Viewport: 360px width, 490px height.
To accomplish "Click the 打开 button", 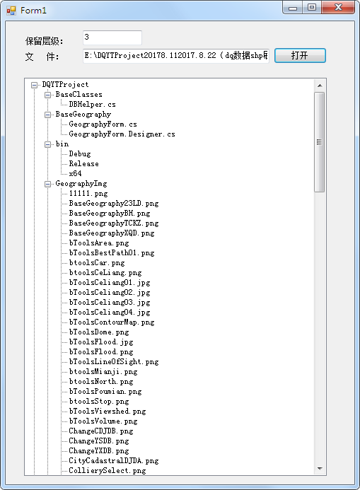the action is (x=300, y=56).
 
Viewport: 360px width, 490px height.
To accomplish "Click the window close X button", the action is (x=338, y=7).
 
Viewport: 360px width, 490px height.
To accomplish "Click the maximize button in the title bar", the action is (x=312, y=7).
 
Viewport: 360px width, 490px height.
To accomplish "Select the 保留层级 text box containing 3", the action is (x=112, y=37).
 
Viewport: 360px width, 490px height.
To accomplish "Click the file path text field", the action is (x=176, y=56).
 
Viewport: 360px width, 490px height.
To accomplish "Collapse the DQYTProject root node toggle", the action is (x=35, y=85).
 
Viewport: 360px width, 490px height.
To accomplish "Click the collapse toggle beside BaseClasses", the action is (x=48, y=95).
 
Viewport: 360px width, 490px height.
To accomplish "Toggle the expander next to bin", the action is (x=48, y=144).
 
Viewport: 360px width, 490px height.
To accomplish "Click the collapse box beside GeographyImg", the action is (x=48, y=184).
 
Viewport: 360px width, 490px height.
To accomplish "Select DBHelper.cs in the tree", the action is (x=92, y=105).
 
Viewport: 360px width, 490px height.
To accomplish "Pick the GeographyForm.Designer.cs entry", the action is (x=122, y=134).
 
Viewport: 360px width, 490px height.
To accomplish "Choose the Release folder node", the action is (x=83, y=164).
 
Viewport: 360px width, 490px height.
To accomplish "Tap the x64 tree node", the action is (x=75, y=173).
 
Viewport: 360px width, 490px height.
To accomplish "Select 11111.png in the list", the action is (x=88, y=194).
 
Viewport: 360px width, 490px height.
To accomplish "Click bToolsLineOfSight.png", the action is (x=114, y=361).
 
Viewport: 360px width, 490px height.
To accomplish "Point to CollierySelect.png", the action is (x=108, y=470).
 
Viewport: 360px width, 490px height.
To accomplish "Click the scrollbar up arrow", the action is (x=320, y=86).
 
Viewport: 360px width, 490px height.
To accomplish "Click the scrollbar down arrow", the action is (x=320, y=469).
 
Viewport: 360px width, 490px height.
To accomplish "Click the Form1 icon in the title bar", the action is (x=11, y=11).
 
